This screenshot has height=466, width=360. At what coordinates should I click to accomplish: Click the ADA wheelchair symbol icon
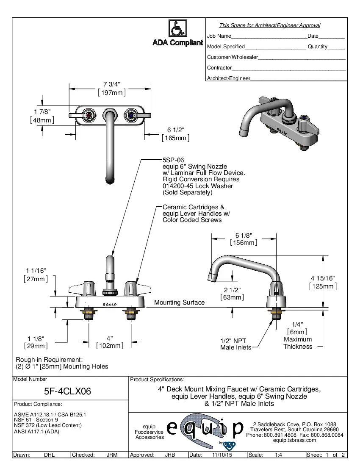(x=177, y=29)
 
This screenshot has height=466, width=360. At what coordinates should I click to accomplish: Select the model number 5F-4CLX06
(x=68, y=391)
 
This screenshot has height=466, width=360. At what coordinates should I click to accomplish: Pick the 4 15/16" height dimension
(x=323, y=278)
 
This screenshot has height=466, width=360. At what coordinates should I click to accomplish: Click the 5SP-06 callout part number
(x=173, y=160)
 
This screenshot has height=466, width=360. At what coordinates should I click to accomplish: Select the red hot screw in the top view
(x=89, y=115)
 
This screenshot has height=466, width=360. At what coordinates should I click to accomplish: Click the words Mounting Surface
(x=179, y=302)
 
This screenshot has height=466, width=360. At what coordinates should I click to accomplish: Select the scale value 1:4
(x=279, y=455)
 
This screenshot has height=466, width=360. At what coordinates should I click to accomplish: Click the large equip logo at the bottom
(x=205, y=430)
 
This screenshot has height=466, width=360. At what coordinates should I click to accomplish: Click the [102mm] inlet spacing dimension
(x=110, y=346)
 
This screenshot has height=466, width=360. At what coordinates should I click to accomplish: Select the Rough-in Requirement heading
(x=49, y=359)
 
